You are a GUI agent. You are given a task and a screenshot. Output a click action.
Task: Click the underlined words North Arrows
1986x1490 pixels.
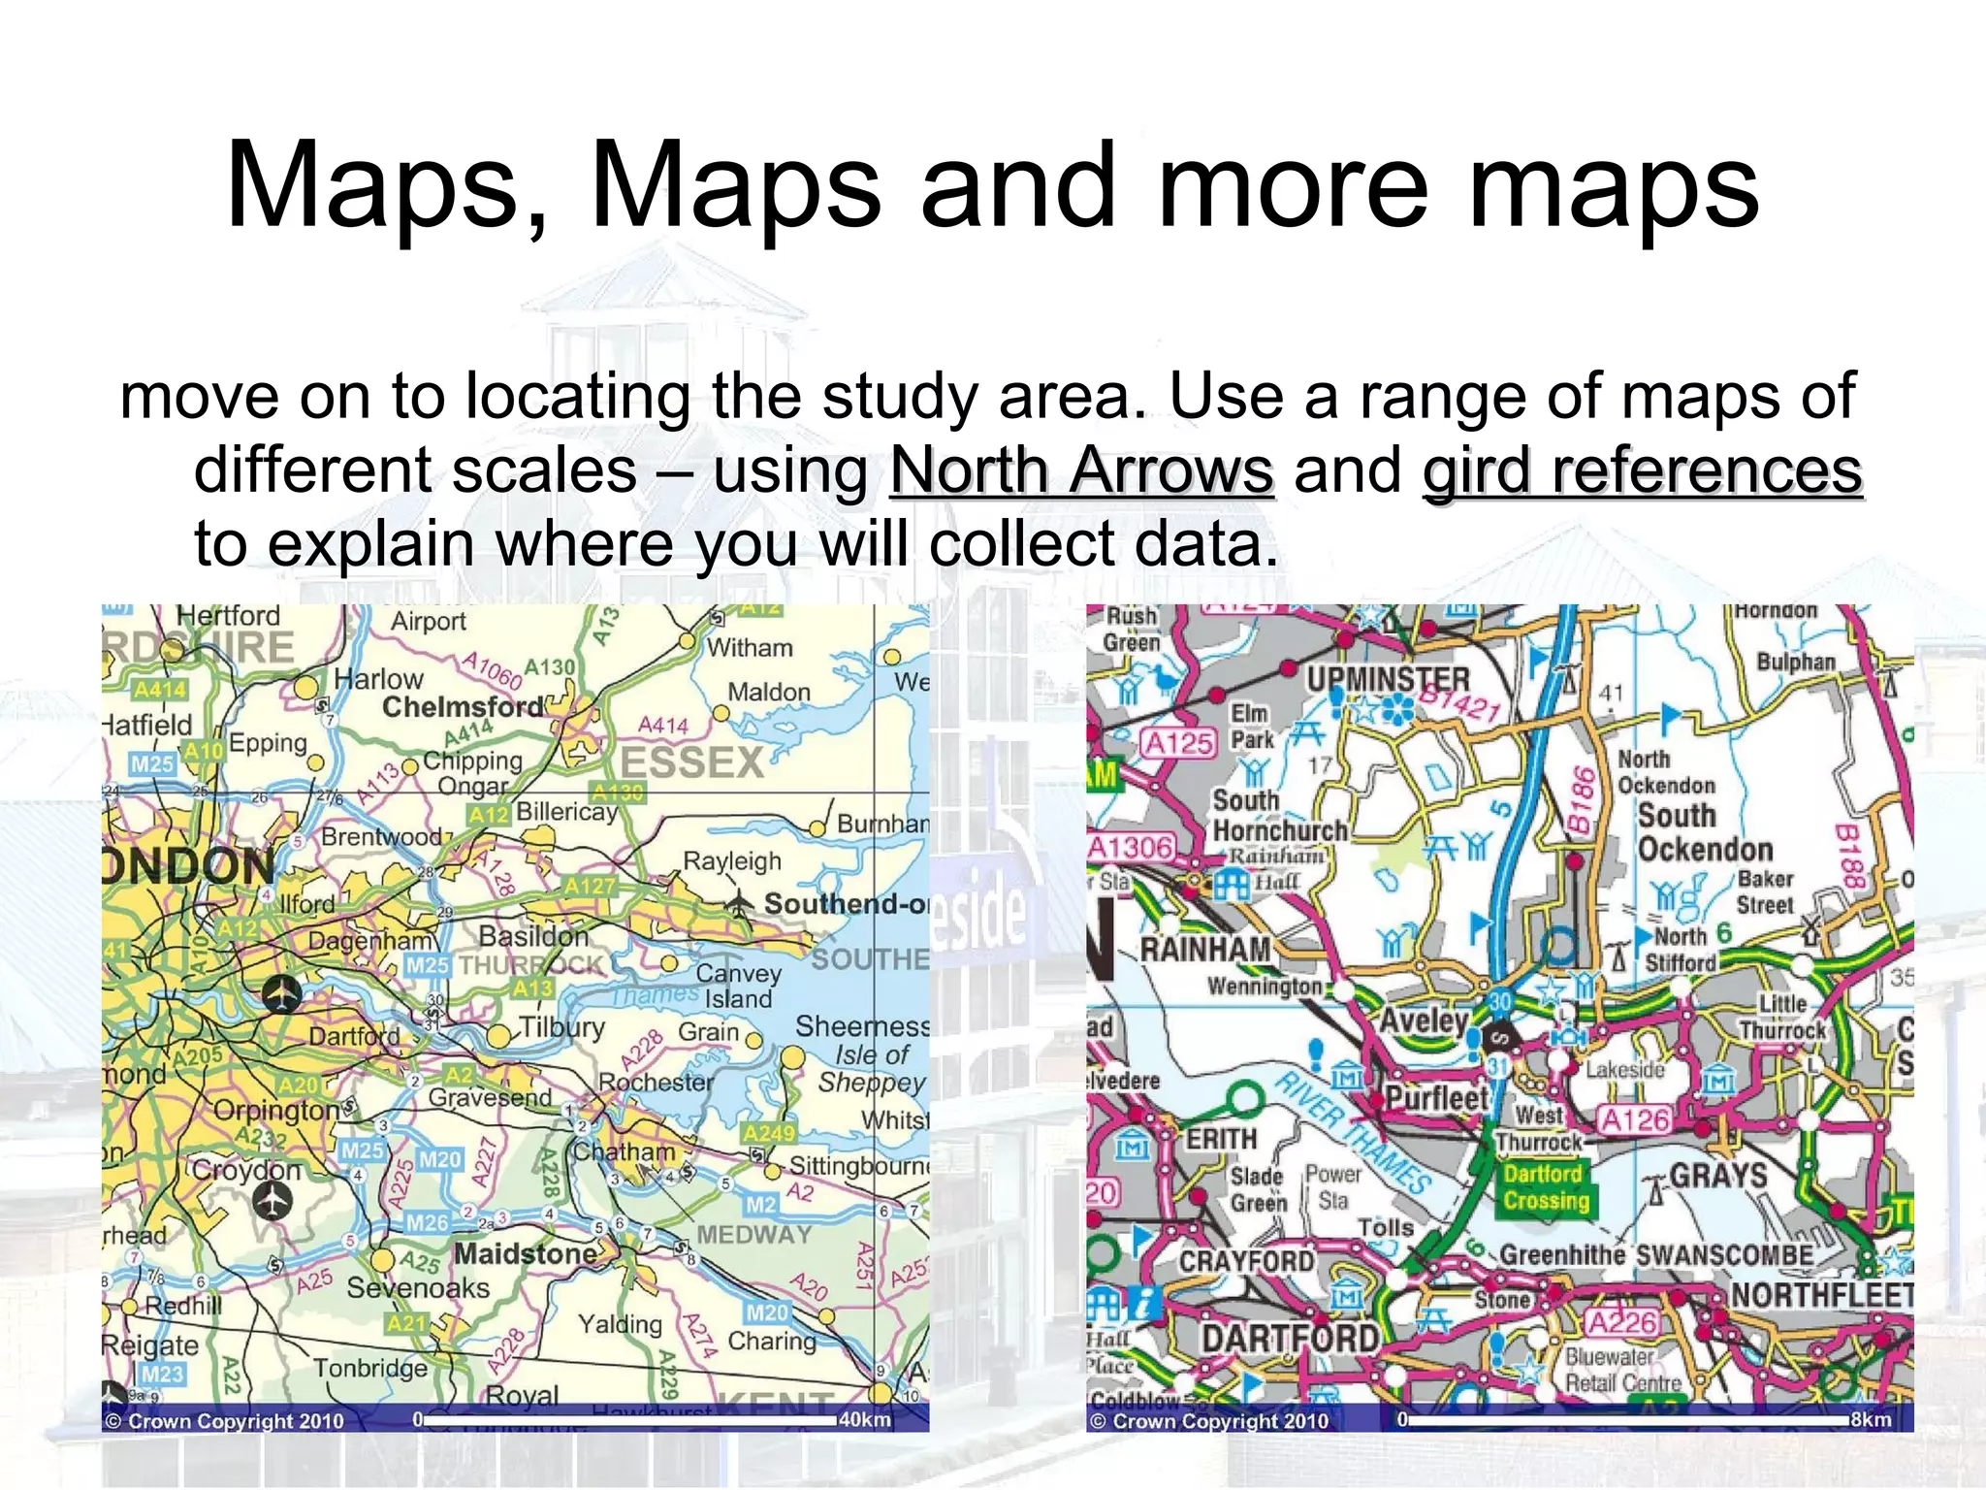click(x=1081, y=471)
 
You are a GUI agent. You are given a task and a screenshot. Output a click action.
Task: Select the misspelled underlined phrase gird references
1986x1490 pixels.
click(x=1642, y=471)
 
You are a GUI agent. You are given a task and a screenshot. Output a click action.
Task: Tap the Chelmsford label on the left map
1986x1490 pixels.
click(x=463, y=707)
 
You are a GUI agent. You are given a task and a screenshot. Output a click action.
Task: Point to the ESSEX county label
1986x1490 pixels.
click(x=691, y=763)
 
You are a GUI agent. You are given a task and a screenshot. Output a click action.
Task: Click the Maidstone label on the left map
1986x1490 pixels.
click(x=526, y=1253)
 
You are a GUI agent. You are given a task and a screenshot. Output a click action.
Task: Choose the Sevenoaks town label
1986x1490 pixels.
click(x=418, y=1288)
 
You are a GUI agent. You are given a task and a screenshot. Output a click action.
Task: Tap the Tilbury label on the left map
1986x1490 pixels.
click(x=561, y=1027)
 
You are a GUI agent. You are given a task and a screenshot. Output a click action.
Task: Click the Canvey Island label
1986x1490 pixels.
click(x=739, y=986)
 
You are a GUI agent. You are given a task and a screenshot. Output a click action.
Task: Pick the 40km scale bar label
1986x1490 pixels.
click(x=864, y=1419)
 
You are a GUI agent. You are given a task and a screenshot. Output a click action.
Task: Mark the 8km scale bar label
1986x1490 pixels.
click(x=1871, y=1419)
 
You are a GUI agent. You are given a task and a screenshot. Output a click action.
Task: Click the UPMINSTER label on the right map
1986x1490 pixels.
click(x=1388, y=680)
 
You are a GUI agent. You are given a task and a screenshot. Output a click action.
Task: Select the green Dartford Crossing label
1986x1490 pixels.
click(x=1546, y=1187)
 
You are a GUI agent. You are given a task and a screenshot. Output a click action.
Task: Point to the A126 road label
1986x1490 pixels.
click(x=1635, y=1120)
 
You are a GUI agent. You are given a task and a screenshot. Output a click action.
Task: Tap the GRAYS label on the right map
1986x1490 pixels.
click(x=1717, y=1175)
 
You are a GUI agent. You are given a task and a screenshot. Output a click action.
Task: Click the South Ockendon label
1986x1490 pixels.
click(x=1704, y=832)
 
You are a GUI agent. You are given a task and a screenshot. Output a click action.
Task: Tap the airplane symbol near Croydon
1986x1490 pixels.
click(x=272, y=1201)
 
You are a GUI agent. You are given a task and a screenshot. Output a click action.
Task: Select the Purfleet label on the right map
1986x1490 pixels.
click(x=1436, y=1098)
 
